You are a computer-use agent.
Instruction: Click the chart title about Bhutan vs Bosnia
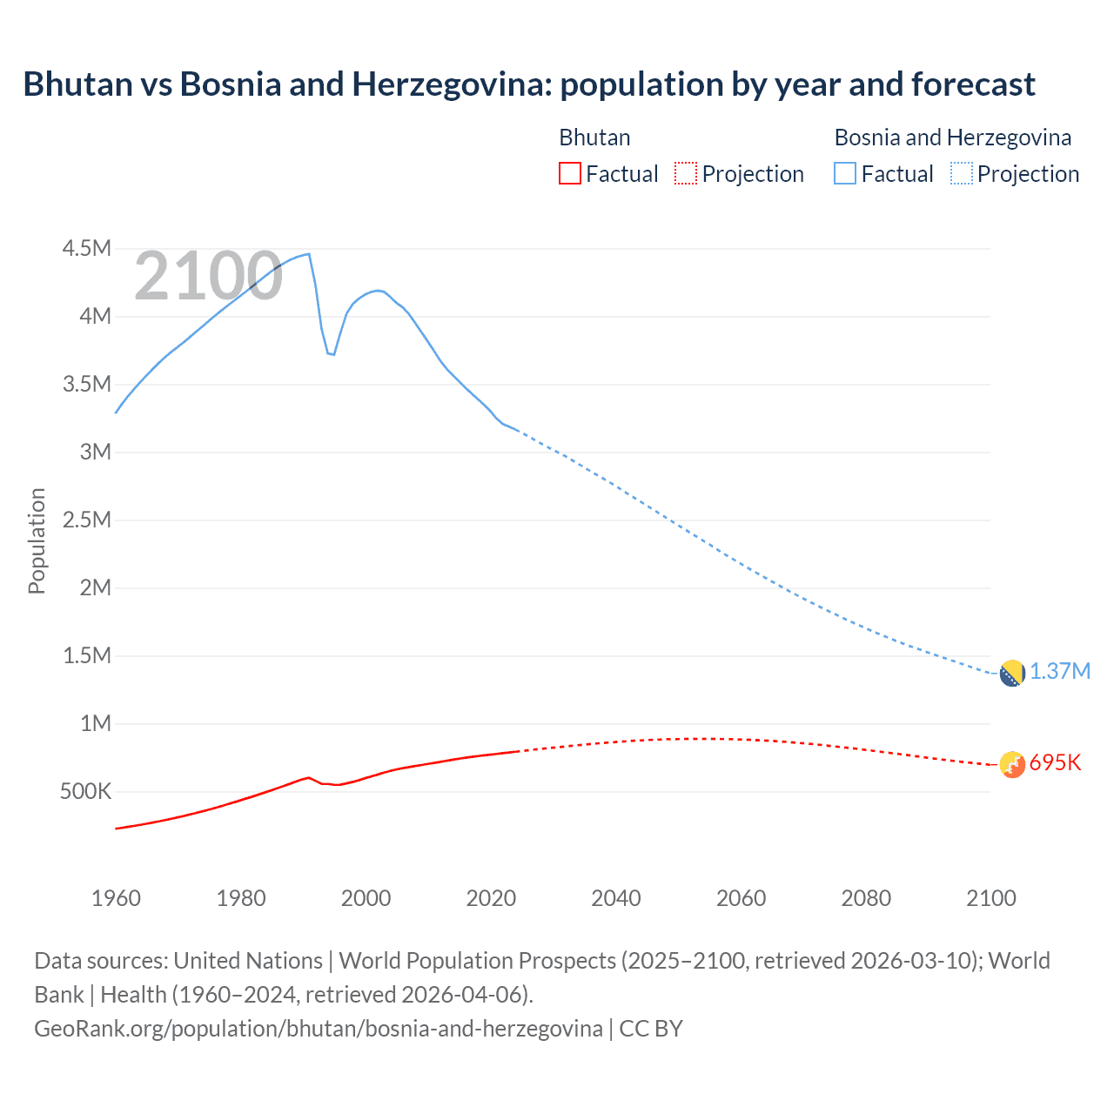(528, 84)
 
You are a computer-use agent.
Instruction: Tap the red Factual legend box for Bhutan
(569, 173)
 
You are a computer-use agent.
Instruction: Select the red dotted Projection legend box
(685, 173)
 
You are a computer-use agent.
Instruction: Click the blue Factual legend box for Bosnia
(844, 173)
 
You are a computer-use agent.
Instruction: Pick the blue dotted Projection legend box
(961, 173)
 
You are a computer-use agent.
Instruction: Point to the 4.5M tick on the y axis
(86, 249)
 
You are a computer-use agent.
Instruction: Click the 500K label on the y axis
(86, 792)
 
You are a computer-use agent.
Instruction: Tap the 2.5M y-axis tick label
(86, 520)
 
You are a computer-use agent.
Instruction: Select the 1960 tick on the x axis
(116, 898)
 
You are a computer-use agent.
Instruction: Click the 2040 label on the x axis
(616, 898)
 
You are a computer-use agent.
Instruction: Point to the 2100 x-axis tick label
(991, 898)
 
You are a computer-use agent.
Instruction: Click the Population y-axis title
(37, 540)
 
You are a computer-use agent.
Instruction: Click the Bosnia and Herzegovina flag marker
(1011, 673)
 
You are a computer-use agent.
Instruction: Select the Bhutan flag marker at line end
(1011, 764)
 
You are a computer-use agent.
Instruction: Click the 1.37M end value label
(1060, 672)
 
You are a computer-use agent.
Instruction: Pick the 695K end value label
(1055, 763)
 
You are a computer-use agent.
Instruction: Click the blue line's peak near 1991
(308, 254)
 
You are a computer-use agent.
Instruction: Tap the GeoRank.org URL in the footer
(318, 1029)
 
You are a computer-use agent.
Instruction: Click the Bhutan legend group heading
(594, 138)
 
